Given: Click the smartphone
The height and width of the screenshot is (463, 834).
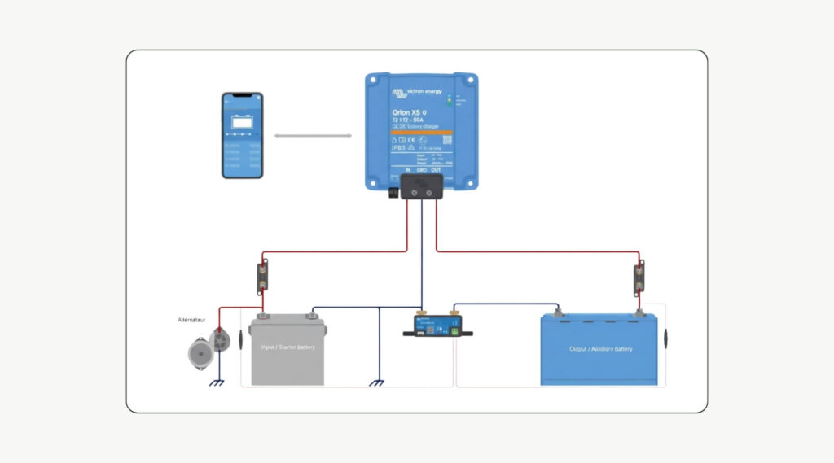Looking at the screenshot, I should pos(243,135).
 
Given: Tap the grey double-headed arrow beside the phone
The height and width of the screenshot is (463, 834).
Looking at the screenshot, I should pos(313,136).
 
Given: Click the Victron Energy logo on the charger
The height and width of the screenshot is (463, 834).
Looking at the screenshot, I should pos(417,92).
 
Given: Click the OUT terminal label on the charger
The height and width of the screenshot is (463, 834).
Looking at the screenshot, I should pos(437,169).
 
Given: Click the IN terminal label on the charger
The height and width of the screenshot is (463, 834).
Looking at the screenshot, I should pos(407,169).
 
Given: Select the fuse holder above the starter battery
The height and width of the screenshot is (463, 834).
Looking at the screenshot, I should pos(263,278).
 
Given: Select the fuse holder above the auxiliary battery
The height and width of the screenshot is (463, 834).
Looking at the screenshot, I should pos(639,278).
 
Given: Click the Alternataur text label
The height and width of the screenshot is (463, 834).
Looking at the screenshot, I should pos(195,321).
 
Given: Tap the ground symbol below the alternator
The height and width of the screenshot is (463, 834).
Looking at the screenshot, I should pos(217,383).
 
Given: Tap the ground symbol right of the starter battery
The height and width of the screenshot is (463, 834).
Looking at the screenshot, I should pos(376,383).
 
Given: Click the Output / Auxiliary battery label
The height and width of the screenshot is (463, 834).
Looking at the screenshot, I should pos(600,349).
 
